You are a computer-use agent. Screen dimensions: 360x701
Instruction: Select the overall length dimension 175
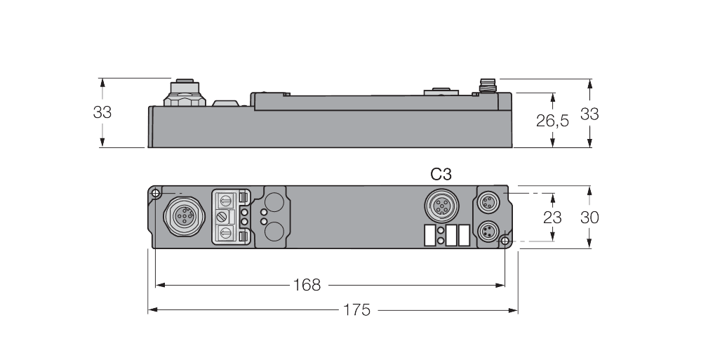[x=357, y=309]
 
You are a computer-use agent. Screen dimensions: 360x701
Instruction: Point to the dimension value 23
[x=553, y=218]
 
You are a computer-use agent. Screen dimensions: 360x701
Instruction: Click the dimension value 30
[x=589, y=218]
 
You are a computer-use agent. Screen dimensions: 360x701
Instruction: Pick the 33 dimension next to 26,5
[x=589, y=113]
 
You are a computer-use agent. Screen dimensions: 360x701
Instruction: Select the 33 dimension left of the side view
[x=102, y=112]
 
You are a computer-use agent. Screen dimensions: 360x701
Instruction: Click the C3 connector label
[x=441, y=175]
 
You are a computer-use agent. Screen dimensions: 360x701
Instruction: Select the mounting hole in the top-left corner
[x=154, y=193]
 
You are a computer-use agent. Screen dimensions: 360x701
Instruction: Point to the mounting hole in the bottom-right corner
[x=506, y=241]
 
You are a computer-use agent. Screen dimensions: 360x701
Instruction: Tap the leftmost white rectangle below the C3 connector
[x=429, y=235]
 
